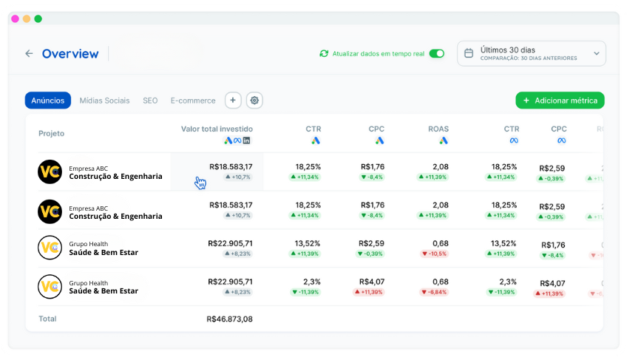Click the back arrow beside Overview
coord(29,53)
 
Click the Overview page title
coord(70,53)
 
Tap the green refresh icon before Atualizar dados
coord(324,53)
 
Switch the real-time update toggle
coord(436,53)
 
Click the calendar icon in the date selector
coord(469,53)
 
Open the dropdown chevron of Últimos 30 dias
coord(596,53)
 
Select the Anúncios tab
coord(48,101)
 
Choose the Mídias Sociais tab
coord(104,101)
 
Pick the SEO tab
coord(150,101)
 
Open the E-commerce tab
coord(193,101)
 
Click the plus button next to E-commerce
coord(233,101)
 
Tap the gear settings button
coord(254,101)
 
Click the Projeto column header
coord(51,133)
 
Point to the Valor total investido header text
coord(217,129)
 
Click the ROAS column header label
coord(438,129)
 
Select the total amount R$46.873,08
coord(230,319)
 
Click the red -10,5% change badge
coord(434,254)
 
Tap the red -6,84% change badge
coord(434,292)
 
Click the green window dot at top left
coord(38,18)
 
